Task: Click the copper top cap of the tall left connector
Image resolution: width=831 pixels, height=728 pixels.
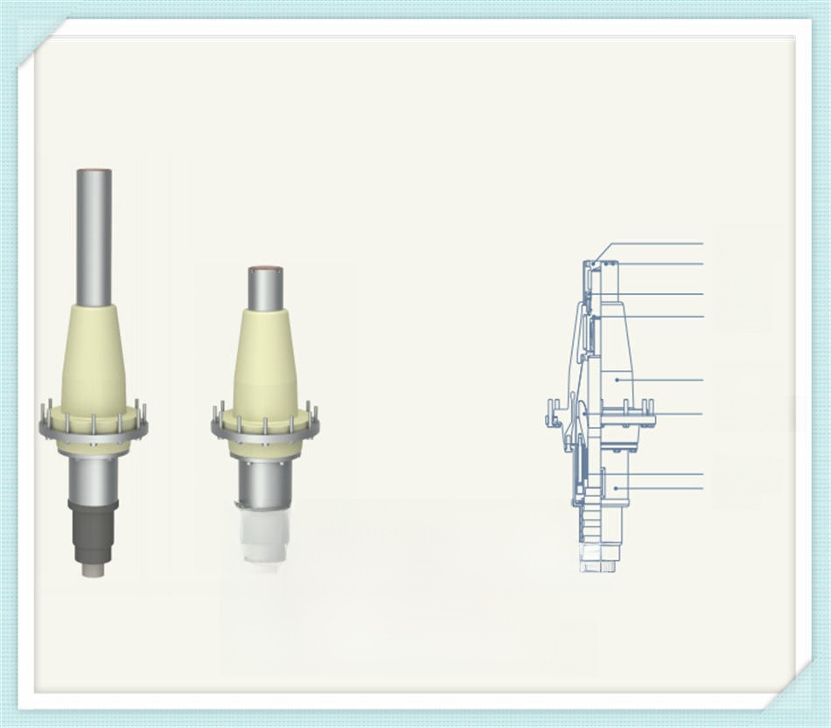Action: tap(93, 171)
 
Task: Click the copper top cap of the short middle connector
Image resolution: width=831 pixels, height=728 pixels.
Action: tap(265, 270)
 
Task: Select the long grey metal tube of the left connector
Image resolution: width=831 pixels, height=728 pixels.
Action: tap(93, 236)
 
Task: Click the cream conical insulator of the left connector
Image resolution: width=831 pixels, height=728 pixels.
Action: tap(93, 359)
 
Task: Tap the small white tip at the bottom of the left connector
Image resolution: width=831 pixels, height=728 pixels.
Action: tap(93, 570)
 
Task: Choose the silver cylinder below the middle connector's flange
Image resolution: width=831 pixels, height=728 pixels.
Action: tap(264, 483)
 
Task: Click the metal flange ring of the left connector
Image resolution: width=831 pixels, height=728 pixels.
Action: tap(93, 430)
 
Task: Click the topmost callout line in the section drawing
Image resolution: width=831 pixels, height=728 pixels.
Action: tap(656, 243)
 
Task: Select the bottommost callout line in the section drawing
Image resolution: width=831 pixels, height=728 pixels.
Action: tap(660, 487)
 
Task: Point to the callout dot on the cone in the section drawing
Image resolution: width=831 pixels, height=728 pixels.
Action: tap(617, 380)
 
